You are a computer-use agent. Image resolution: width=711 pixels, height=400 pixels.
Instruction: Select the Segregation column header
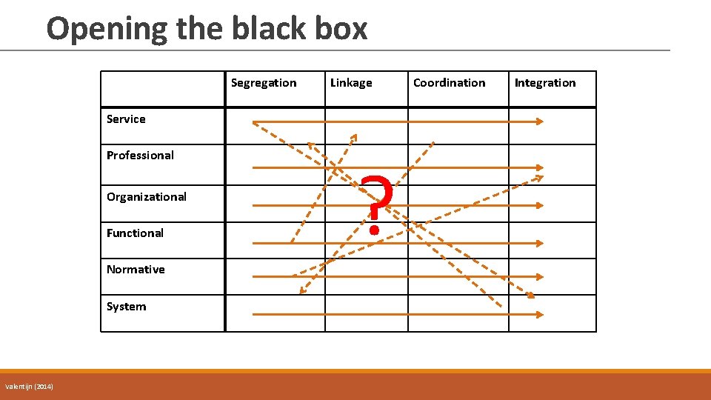pyautogui.click(x=263, y=83)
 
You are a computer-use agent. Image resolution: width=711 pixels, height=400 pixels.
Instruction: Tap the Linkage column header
pyautogui.click(x=351, y=83)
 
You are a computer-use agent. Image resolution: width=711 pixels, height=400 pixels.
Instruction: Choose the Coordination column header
pyautogui.click(x=449, y=83)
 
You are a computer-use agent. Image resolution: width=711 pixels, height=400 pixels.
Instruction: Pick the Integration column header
pyautogui.click(x=544, y=83)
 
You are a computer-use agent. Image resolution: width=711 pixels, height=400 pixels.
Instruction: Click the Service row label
pyautogui.click(x=126, y=119)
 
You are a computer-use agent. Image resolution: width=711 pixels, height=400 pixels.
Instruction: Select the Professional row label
pyautogui.click(x=140, y=156)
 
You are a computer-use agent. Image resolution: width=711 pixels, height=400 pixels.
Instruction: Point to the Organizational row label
pyautogui.click(x=146, y=197)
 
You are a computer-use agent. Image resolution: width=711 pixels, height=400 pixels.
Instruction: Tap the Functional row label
pyautogui.click(x=135, y=233)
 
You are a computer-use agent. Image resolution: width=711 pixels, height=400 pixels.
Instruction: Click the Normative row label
pyautogui.click(x=136, y=270)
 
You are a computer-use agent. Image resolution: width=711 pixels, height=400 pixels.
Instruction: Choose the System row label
pyautogui.click(x=126, y=307)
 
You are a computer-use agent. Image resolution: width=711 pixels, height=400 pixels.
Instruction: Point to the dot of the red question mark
pyautogui.click(x=375, y=230)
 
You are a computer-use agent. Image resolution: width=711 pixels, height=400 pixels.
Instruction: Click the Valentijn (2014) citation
pyautogui.click(x=29, y=387)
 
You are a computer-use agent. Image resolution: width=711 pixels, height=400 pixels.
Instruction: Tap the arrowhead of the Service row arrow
pyautogui.click(x=540, y=121)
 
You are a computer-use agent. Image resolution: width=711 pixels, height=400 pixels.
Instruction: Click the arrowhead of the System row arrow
pyautogui.click(x=540, y=314)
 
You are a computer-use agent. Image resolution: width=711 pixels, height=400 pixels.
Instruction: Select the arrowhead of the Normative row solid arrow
pyautogui.click(x=540, y=276)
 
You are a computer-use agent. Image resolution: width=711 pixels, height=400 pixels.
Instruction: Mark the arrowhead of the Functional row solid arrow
pyautogui.click(x=540, y=242)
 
